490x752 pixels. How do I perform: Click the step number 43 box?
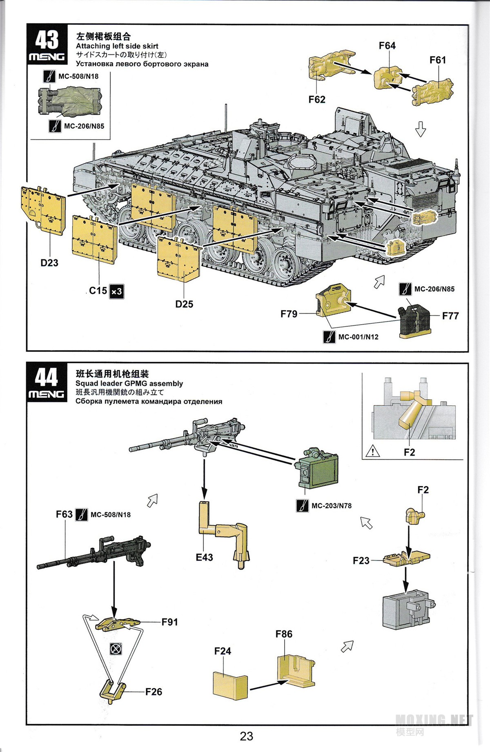click(47, 44)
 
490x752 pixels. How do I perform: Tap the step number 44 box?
click(47, 382)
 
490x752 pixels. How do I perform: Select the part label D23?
click(49, 263)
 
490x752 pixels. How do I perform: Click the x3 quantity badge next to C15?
click(116, 291)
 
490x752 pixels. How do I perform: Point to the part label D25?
click(184, 304)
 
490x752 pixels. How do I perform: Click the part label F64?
click(387, 46)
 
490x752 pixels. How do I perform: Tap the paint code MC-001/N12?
click(358, 337)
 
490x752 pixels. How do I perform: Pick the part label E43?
click(204, 557)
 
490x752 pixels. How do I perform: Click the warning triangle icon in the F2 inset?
click(373, 451)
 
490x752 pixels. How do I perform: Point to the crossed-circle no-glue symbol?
click(116, 648)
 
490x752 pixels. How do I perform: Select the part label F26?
click(154, 692)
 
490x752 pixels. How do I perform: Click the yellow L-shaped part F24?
click(230, 685)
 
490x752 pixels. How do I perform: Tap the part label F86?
click(284, 634)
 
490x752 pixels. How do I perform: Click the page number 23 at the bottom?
click(246, 736)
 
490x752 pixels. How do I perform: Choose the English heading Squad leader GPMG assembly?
click(129, 384)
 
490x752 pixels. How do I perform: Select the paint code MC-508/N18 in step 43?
click(78, 76)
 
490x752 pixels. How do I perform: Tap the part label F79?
click(289, 314)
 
